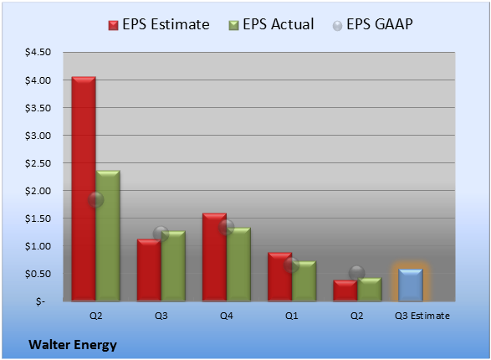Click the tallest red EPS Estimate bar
click(x=84, y=188)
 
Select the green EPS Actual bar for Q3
click(x=173, y=266)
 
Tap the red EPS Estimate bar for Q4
click(x=214, y=257)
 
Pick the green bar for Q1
click(x=304, y=281)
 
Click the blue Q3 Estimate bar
click(x=411, y=285)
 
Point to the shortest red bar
click(x=345, y=291)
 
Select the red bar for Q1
click(x=280, y=276)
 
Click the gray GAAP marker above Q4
click(x=227, y=228)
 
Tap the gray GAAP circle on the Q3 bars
click(x=161, y=234)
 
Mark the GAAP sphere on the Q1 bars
click(x=292, y=265)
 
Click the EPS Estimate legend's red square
click(x=113, y=25)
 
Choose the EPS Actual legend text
click(x=278, y=24)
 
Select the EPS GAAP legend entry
click(x=372, y=24)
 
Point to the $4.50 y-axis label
click(x=38, y=52)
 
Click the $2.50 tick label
click(x=38, y=163)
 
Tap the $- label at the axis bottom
click(x=40, y=301)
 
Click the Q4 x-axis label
click(x=227, y=316)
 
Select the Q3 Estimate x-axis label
click(x=422, y=316)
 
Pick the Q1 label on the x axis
click(x=292, y=316)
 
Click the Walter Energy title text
click(x=73, y=345)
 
